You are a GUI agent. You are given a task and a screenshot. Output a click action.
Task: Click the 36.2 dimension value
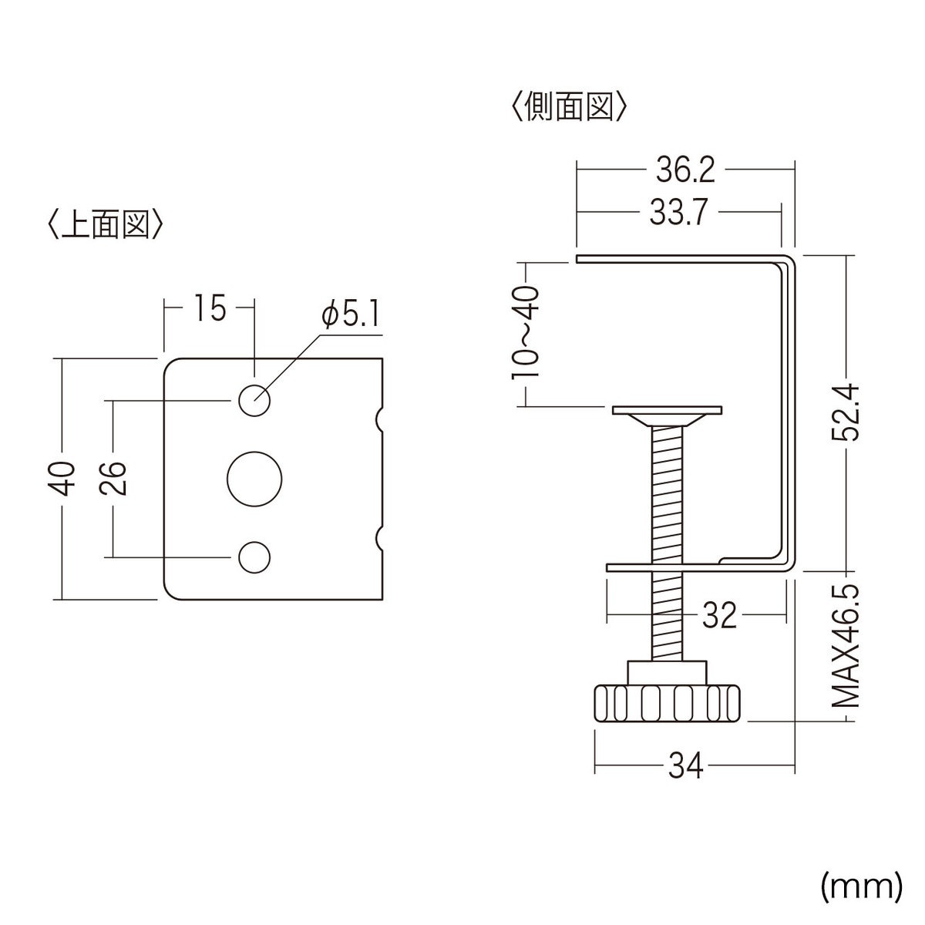coord(685,170)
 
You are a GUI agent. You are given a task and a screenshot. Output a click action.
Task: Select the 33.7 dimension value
coord(678,214)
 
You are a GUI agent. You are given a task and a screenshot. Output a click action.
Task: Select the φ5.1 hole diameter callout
coord(350,316)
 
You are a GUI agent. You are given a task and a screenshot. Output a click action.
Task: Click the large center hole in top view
coord(254,478)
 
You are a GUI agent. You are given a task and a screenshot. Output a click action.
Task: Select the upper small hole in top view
coord(254,400)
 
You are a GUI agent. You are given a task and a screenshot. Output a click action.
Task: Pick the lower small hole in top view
coord(254,557)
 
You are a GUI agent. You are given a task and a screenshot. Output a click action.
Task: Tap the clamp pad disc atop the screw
coord(667,411)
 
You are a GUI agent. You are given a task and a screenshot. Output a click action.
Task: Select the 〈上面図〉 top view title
coord(105,224)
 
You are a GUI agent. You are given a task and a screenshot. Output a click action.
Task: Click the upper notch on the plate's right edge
coord(379,419)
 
